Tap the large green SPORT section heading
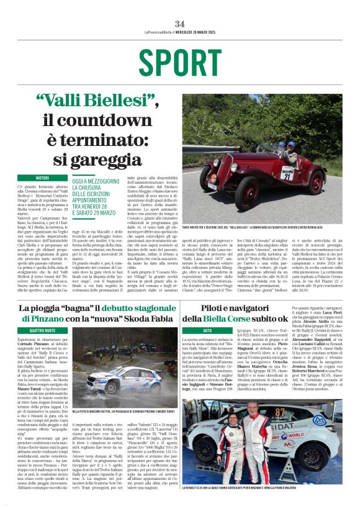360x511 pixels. pos(179,61)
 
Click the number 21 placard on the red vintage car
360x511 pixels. pos(287,176)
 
